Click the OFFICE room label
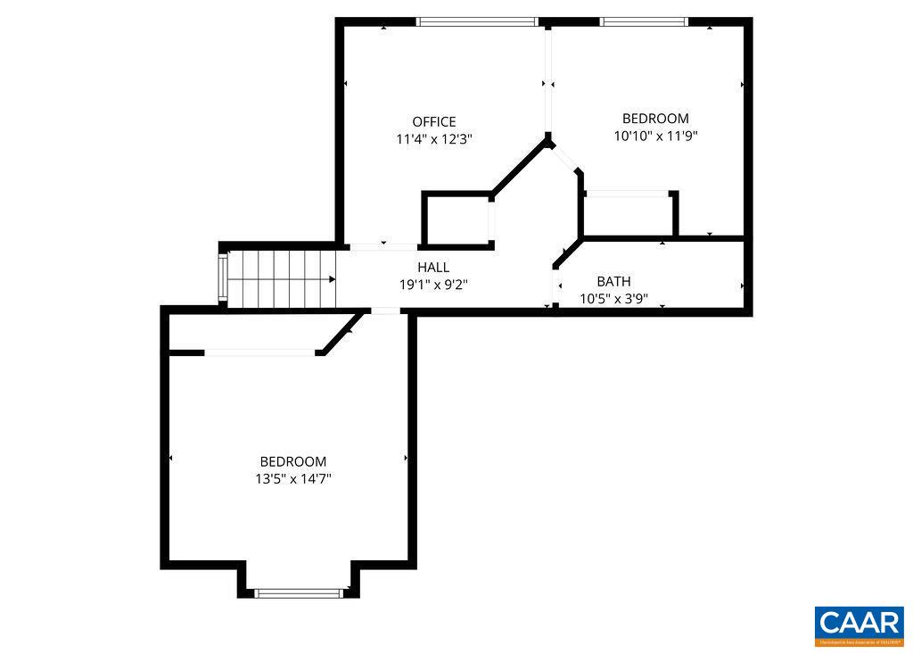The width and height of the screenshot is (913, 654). [x=433, y=121]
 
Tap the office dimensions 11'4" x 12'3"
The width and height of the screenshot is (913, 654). [x=433, y=139]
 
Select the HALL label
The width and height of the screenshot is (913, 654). [x=433, y=267]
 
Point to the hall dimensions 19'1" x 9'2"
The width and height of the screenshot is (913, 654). [x=433, y=285]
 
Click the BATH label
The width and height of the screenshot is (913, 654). [x=613, y=281]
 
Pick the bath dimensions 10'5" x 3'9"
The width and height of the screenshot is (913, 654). [x=613, y=299]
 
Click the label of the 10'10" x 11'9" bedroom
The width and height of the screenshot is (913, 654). [x=655, y=118]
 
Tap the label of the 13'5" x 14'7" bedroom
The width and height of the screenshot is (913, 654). [x=292, y=461]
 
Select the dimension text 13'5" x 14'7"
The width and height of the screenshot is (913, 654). [x=292, y=479]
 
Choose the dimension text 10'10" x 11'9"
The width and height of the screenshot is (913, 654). [x=655, y=137]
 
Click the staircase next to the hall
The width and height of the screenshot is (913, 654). [x=282, y=278]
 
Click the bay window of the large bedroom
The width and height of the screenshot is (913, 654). [x=299, y=592]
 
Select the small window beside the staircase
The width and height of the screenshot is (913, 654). [x=224, y=278]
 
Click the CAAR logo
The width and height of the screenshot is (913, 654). [x=859, y=625]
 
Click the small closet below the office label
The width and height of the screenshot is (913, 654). [x=456, y=219]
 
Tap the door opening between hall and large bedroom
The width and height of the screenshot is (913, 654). [x=385, y=310]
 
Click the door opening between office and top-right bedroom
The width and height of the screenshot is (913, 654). [x=549, y=80]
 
